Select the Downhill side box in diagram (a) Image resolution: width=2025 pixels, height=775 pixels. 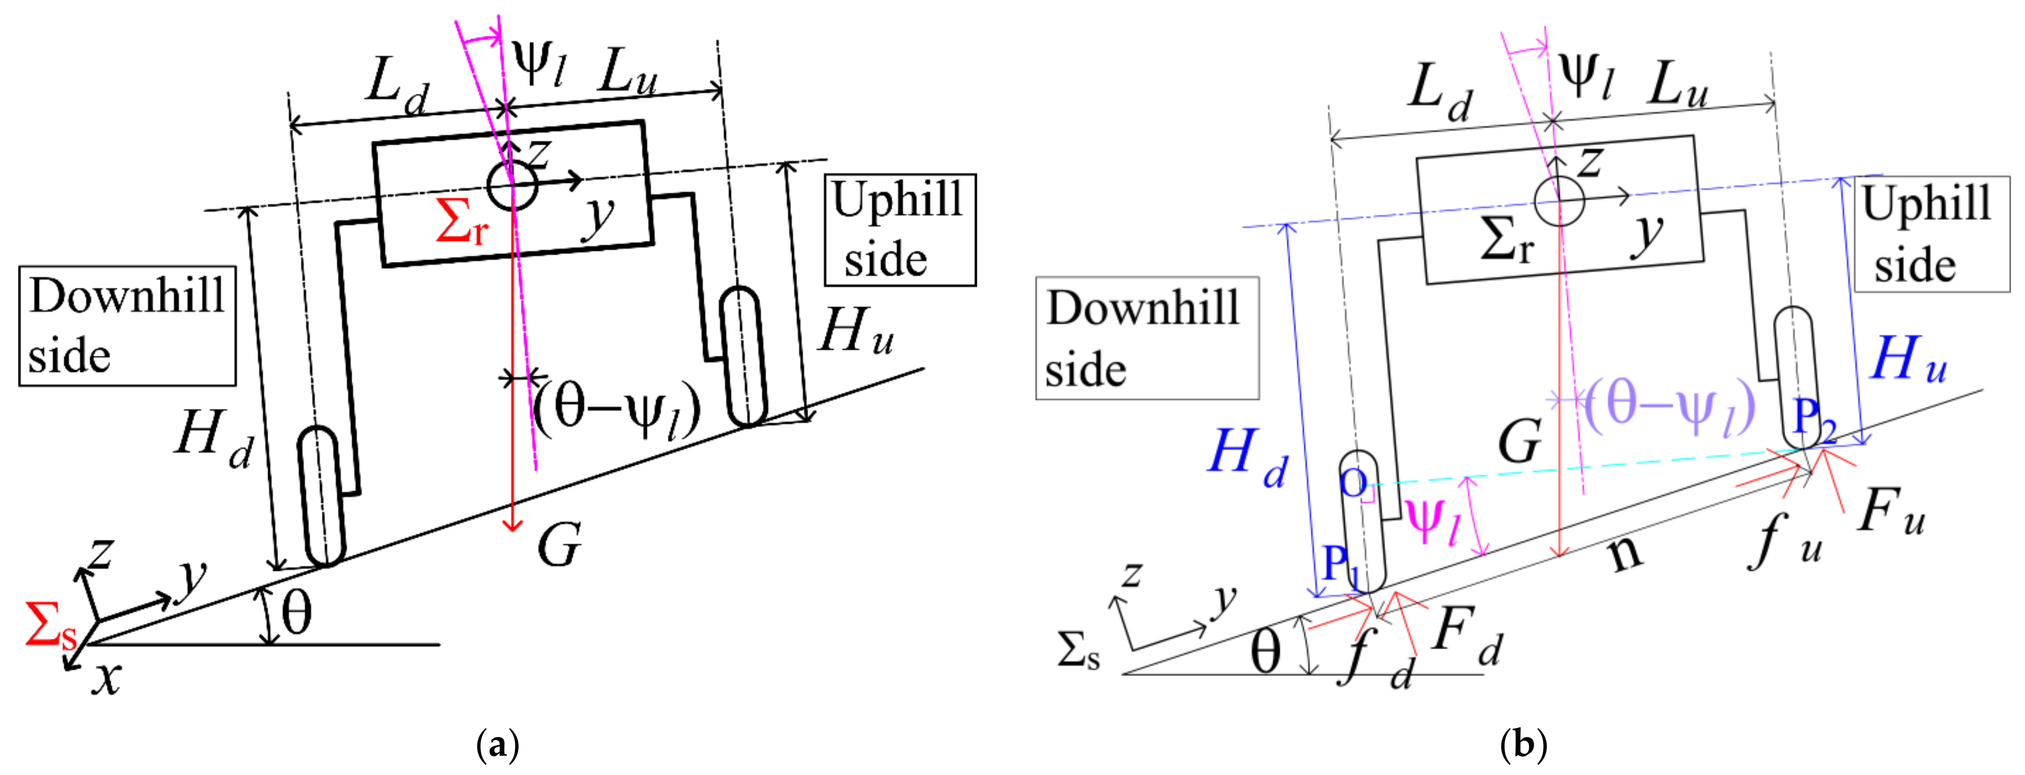[x=128, y=326]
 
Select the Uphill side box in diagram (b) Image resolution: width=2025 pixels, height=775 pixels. [x=1931, y=234]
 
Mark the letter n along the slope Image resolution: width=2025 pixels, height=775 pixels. [x=1625, y=552]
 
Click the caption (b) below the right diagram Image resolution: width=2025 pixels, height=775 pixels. [x=1523, y=743]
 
